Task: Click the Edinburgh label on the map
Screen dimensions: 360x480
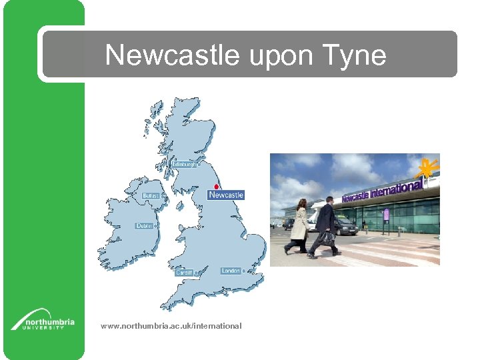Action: click(x=185, y=164)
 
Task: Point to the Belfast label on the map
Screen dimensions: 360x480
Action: click(x=151, y=196)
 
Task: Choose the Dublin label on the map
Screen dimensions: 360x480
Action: click(x=145, y=226)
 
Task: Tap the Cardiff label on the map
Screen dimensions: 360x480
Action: click(x=183, y=273)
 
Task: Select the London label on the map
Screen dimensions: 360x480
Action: click(x=231, y=271)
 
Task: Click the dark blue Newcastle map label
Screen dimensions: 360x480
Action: click(x=226, y=195)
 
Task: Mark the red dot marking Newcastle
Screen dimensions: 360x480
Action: click(x=217, y=187)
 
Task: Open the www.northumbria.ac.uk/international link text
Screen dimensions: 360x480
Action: click(x=171, y=326)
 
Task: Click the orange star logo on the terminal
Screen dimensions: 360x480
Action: click(x=426, y=169)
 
